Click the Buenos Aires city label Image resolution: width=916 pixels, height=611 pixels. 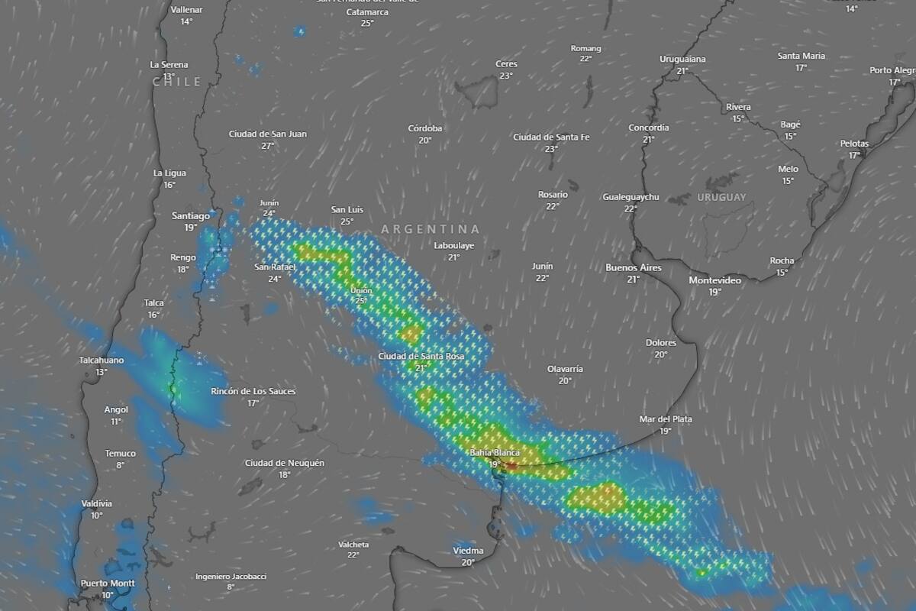633,268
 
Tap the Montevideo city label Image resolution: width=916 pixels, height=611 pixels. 714,280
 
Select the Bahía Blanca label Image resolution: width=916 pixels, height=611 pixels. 494,453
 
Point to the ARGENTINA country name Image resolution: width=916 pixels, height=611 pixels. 431,229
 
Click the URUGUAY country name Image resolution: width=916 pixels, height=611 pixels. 721,198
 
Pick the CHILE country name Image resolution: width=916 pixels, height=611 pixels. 176,82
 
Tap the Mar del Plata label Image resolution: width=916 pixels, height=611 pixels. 666,419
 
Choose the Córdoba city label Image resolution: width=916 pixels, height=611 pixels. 425,128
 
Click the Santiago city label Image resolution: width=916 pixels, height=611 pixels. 191,216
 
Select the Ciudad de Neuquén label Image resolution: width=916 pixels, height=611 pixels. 285,463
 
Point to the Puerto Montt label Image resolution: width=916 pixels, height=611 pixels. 108,584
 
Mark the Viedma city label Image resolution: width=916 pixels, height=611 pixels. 468,551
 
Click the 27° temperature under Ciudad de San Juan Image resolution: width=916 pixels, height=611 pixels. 268,146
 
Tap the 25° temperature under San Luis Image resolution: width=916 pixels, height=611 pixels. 347,221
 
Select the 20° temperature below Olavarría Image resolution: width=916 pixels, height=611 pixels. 565,381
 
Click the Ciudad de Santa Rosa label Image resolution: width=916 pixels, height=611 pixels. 421,357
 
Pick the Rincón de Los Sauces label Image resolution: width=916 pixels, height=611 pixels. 253,392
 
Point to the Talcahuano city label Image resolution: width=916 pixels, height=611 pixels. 102,360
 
